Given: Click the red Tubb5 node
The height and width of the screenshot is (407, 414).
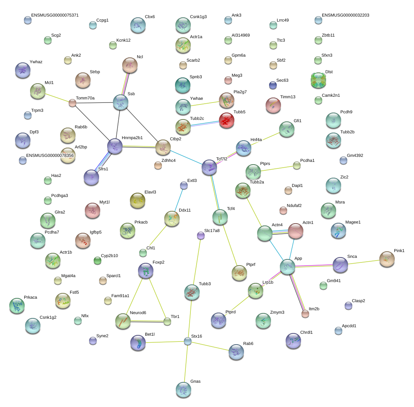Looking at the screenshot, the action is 227,120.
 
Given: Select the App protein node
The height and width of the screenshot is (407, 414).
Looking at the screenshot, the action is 287,267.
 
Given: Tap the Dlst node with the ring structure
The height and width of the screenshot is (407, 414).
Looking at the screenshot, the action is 318,80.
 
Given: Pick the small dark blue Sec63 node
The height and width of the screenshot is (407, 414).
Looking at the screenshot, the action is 273,85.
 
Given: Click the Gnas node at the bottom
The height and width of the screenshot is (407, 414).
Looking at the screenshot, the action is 183,390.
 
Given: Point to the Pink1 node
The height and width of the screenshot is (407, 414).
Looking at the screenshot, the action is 387,259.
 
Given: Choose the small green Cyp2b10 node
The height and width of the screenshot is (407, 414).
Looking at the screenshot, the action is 98,261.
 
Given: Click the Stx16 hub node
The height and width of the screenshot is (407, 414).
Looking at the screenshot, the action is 187,341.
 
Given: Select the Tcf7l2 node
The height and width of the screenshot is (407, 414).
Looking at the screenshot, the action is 209,167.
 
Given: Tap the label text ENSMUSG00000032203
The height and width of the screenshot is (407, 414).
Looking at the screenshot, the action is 345,15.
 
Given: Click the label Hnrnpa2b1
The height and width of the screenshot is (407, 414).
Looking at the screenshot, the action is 132,138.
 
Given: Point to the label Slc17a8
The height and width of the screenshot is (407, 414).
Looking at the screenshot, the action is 212,230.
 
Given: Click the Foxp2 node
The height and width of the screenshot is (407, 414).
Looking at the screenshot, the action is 145,271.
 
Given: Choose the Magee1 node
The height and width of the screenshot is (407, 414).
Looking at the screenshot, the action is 338,230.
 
